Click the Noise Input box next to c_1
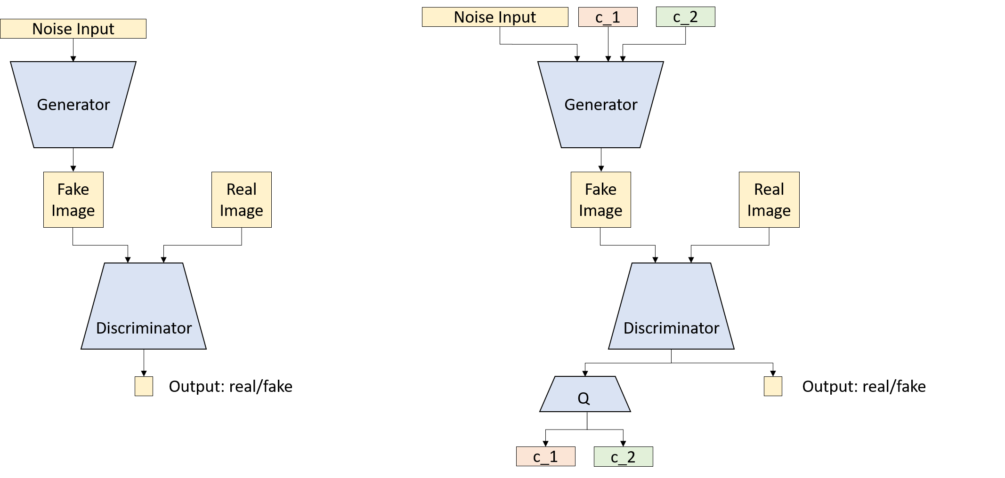click(494, 17)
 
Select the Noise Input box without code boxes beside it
click(73, 29)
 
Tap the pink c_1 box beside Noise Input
click(608, 17)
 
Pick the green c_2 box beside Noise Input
click(685, 17)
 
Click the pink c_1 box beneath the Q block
click(545, 456)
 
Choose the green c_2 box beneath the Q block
click(623, 456)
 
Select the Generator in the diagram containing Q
click(600, 104)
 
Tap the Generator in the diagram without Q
click(73, 104)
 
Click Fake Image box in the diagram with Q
click(600, 199)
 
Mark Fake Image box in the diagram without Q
click(73, 199)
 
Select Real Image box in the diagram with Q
click(769, 199)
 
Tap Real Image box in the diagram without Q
click(241, 199)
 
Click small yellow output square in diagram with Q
click(773, 386)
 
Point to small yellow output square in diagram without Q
click(144, 386)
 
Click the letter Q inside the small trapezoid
click(583, 398)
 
